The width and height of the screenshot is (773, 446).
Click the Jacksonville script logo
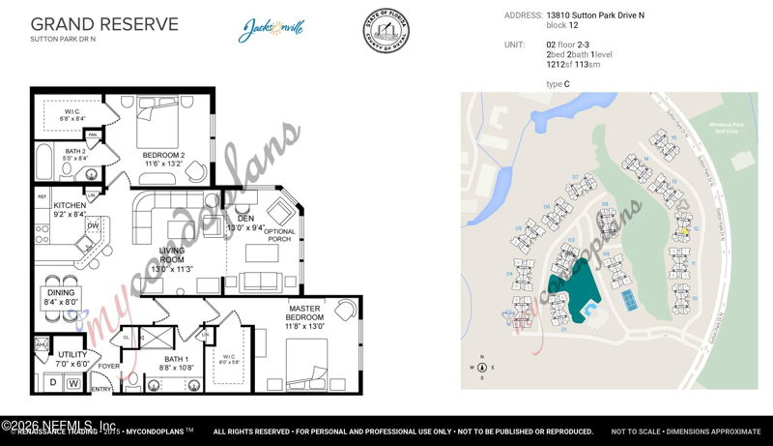click(272, 30)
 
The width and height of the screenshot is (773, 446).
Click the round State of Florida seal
click(386, 31)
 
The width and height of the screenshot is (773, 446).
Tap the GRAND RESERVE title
click(104, 24)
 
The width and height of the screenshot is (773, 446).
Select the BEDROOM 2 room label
click(163, 159)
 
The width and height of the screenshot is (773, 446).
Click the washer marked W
click(73, 384)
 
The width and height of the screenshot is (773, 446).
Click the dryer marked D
click(52, 384)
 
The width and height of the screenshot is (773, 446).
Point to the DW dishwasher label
click(93, 225)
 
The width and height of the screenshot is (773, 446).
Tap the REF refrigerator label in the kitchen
click(43, 197)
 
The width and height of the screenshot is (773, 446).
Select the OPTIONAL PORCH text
click(279, 235)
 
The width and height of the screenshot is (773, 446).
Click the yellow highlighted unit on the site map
click(684, 230)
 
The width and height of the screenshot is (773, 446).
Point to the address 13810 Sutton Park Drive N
click(595, 15)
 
